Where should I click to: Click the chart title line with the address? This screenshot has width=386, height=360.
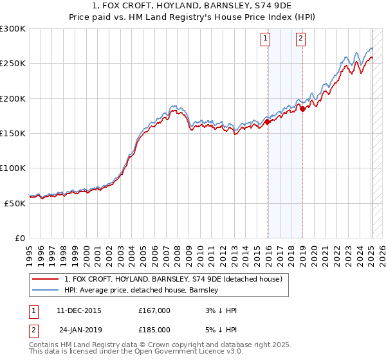tap(192, 6)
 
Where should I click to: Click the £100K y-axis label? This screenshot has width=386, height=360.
tap(13, 168)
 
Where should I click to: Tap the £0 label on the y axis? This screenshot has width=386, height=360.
tap(21, 238)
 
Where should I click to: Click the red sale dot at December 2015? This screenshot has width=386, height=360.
tap(268, 122)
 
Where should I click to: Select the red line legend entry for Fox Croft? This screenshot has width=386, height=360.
tap(172, 279)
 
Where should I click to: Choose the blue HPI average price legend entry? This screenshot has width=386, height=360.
tap(142, 290)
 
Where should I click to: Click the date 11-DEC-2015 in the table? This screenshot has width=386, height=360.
tap(78, 310)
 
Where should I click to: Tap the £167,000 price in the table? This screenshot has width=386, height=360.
tap(154, 310)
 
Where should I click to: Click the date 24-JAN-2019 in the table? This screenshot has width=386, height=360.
tap(78, 332)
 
